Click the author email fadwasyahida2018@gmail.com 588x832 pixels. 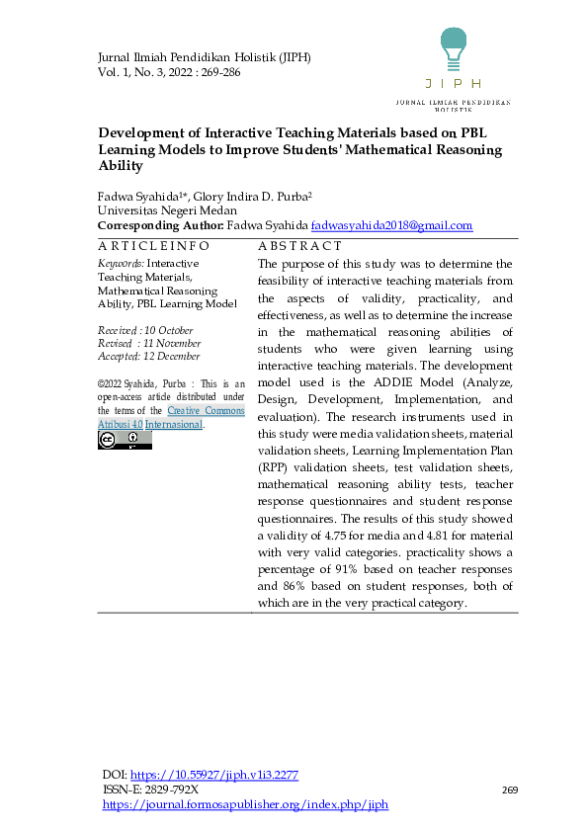pos(391,226)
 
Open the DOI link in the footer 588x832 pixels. pos(214,776)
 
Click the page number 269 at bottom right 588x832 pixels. pos(510,790)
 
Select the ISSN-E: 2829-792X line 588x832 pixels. pos(151,790)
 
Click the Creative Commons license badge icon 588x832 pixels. pos(125,441)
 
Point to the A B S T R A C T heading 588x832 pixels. pos(299,245)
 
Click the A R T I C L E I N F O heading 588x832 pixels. pos(153,245)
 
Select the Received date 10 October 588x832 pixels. pos(145,331)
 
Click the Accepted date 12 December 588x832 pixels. pos(148,357)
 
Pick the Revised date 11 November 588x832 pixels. pos(148,344)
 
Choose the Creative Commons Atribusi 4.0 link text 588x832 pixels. pos(170,417)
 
